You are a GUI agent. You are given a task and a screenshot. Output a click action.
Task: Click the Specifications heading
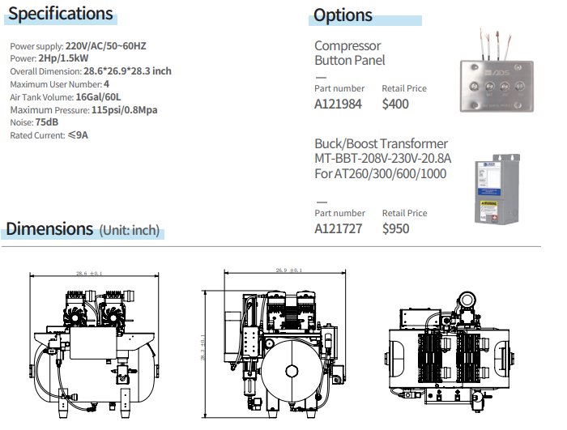[61, 14]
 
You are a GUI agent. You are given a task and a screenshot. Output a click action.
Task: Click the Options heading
[343, 15]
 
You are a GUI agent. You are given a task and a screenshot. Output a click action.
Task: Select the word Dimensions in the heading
[50, 229]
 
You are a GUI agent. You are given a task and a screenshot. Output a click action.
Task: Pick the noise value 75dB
[47, 122]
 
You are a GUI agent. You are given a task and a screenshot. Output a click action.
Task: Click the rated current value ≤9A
[78, 135]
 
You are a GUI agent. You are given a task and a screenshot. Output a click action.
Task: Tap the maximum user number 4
[106, 84]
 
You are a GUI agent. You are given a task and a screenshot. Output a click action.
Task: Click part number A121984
[338, 104]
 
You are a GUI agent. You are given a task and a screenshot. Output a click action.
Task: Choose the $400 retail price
[395, 104]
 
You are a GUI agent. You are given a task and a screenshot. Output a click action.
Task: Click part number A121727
[338, 228]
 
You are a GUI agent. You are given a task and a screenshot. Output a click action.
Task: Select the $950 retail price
[395, 228]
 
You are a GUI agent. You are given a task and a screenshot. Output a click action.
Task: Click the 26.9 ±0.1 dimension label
[288, 270]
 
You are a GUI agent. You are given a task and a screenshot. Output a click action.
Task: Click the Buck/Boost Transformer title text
[381, 144]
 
